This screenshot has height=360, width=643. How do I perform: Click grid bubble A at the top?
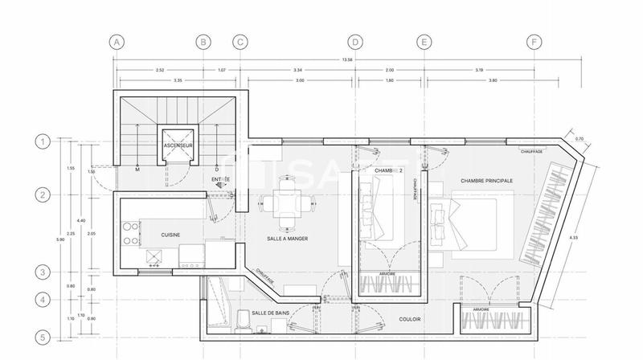(x=117, y=42)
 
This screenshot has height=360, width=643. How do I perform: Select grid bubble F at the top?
(x=532, y=42)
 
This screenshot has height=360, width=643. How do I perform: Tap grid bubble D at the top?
(x=356, y=42)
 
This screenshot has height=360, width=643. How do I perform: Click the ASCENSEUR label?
(x=177, y=145)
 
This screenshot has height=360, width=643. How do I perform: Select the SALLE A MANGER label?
(x=288, y=239)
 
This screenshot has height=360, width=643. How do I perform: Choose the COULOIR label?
(x=411, y=319)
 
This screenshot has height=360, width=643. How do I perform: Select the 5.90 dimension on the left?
(x=58, y=239)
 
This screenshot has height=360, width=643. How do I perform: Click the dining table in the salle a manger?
(x=287, y=202)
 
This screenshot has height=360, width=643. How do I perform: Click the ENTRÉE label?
(x=220, y=180)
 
